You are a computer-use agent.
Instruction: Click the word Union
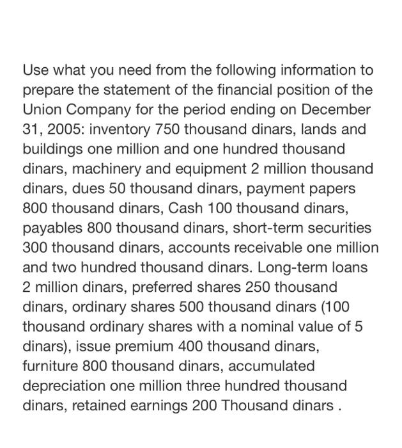(x=43, y=109)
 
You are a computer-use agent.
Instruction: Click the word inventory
(x=120, y=129)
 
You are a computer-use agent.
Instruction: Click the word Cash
(x=185, y=209)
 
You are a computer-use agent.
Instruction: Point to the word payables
(x=52, y=228)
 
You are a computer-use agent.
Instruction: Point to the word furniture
(x=50, y=367)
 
